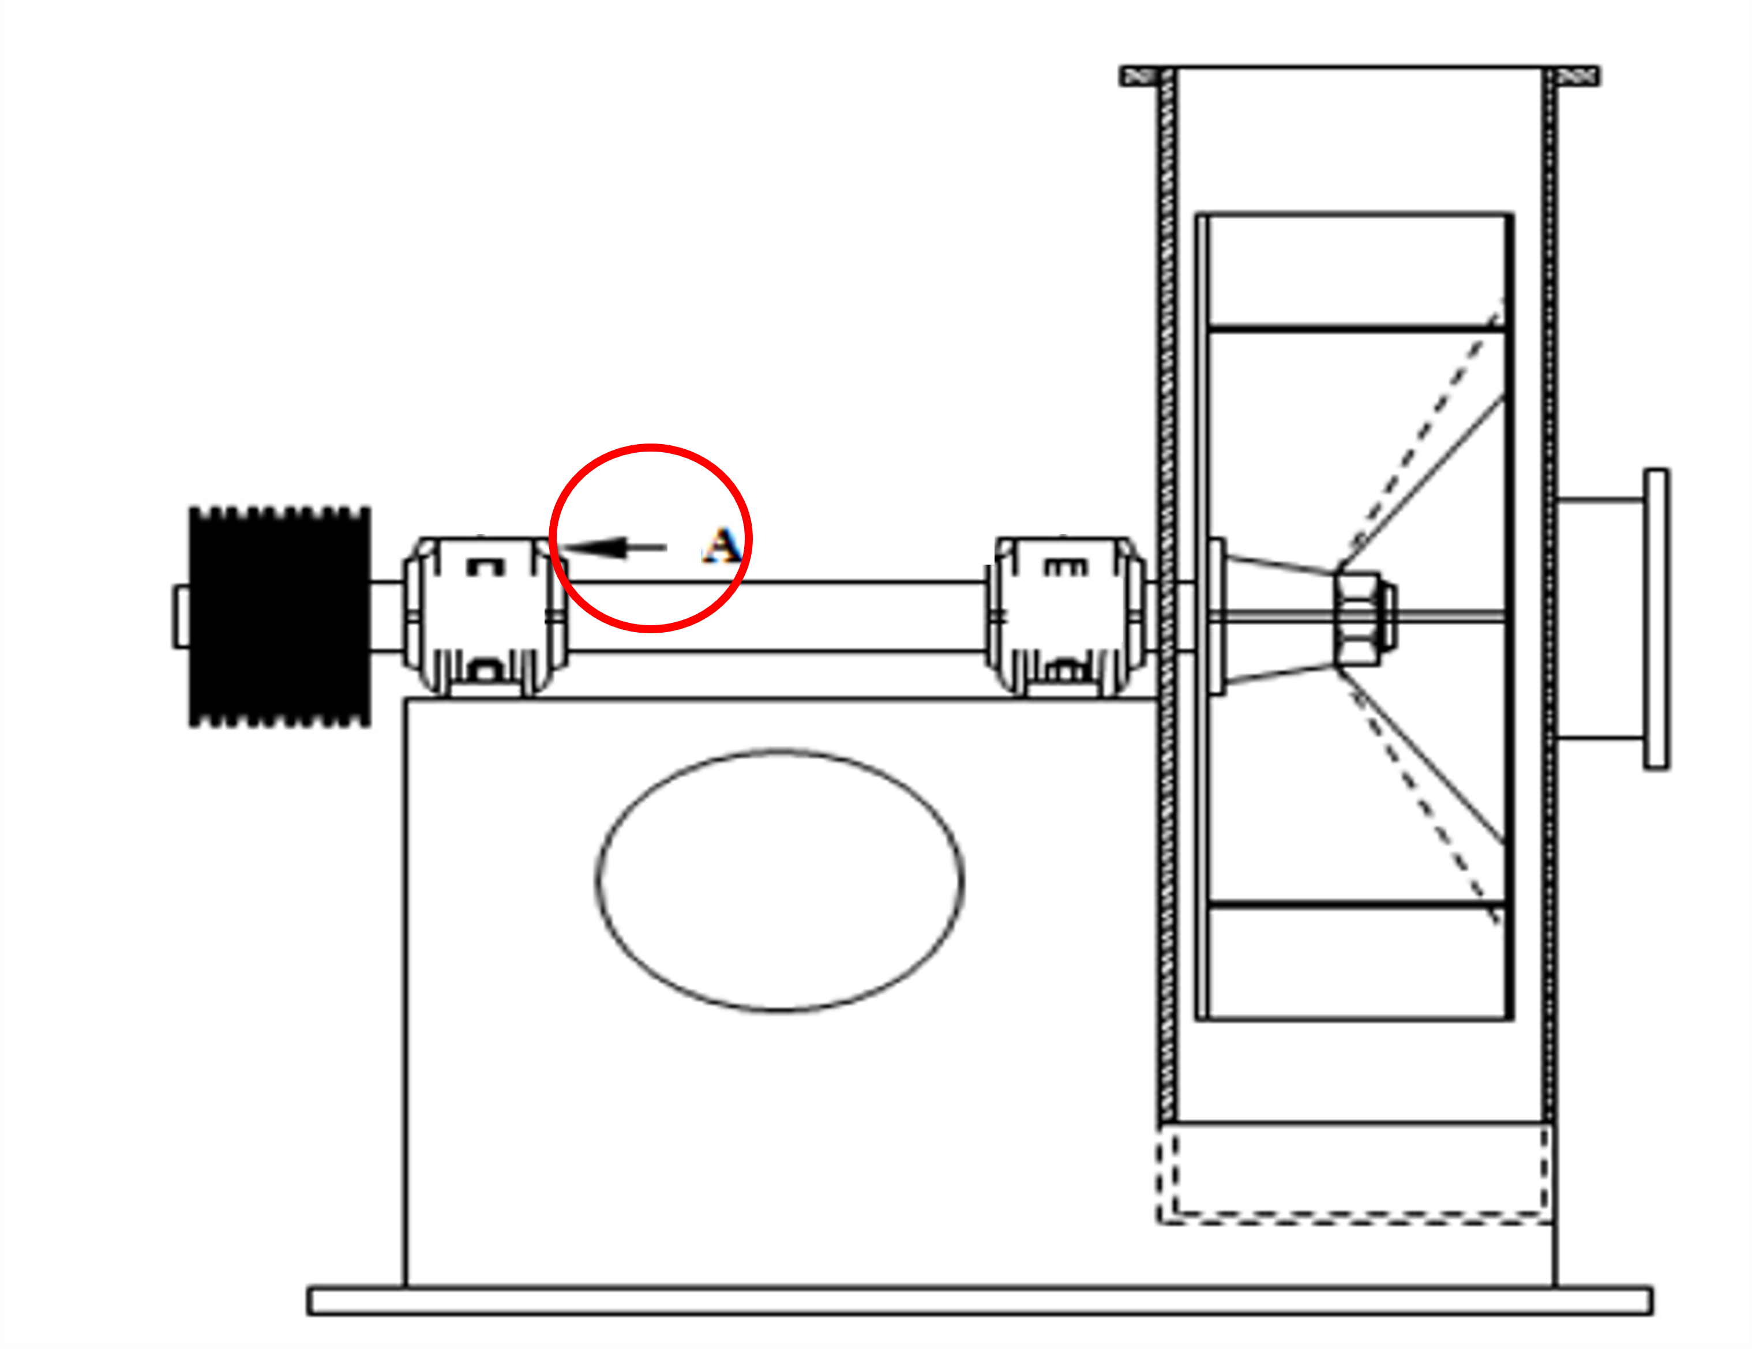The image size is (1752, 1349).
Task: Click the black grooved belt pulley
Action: tap(280, 617)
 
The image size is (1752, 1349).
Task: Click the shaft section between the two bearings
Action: tap(778, 617)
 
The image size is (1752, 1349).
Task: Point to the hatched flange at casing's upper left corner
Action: tap(1140, 76)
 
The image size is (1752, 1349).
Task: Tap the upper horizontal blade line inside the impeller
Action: tap(1356, 329)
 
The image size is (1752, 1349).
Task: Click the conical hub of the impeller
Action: tap(1280, 618)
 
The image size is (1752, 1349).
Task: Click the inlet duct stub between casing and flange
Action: tap(1600, 618)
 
